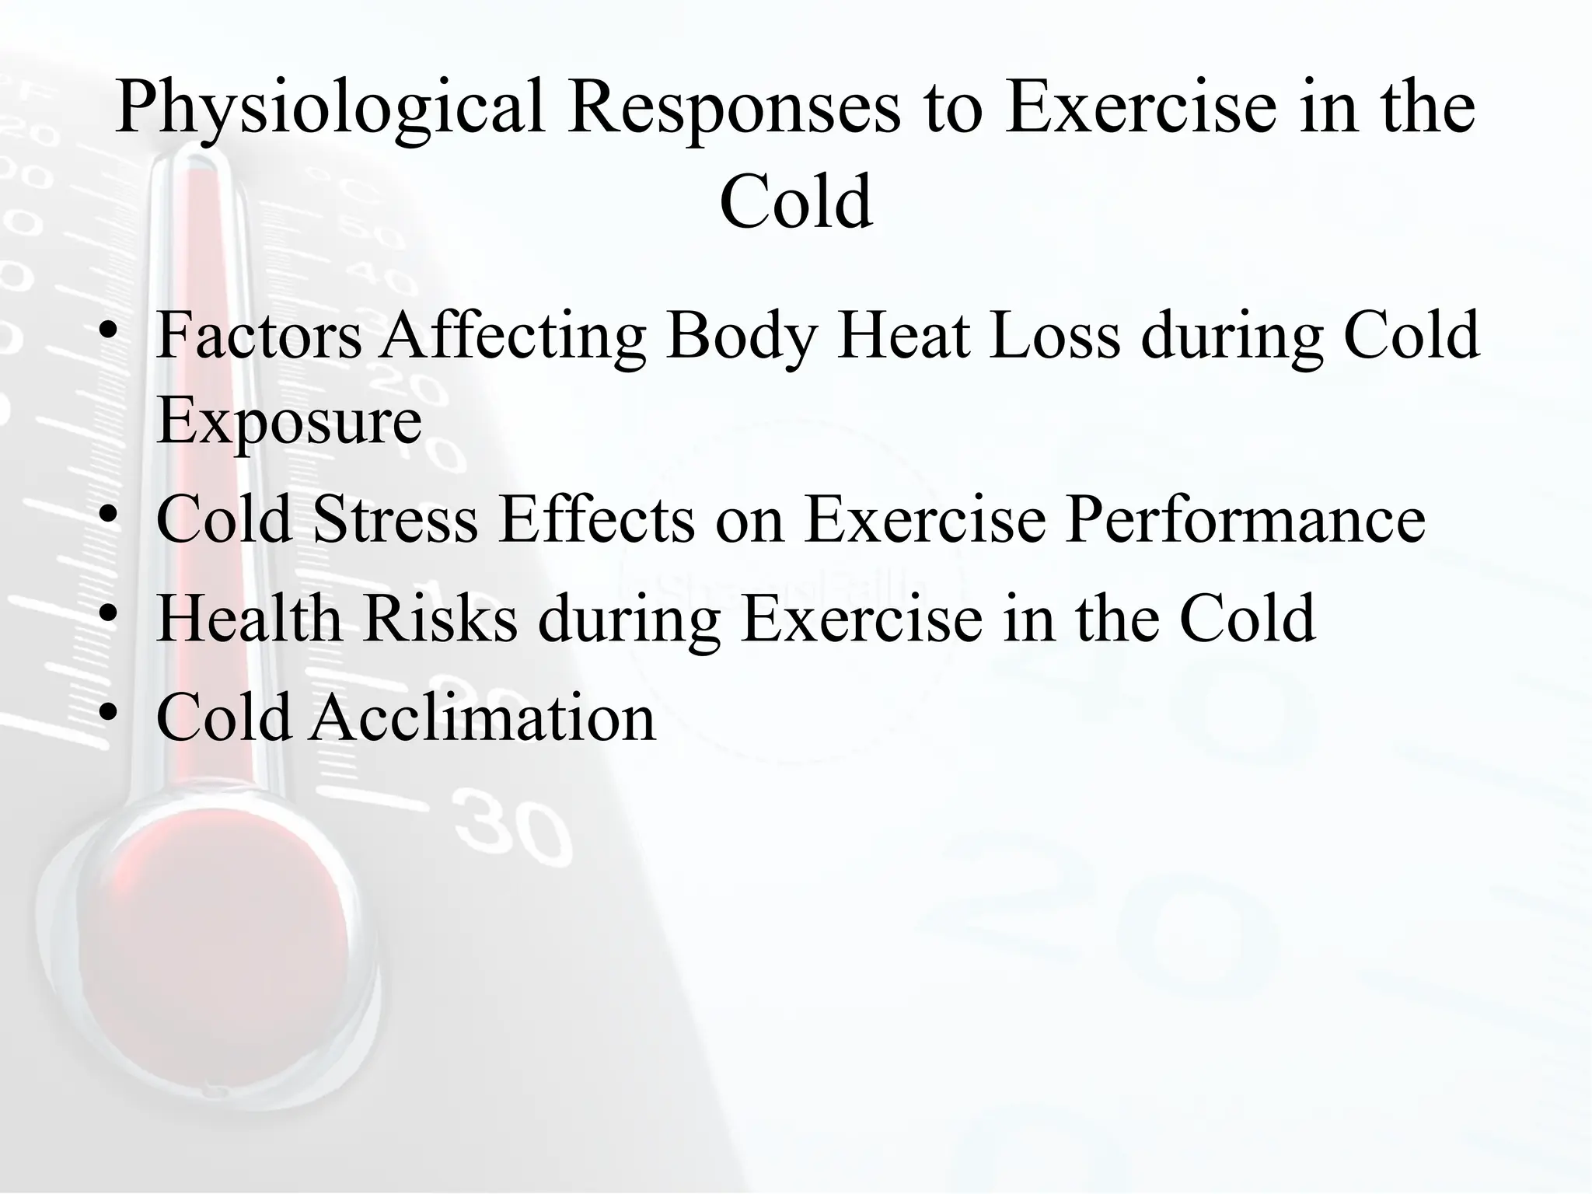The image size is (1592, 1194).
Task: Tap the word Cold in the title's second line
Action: [x=795, y=202]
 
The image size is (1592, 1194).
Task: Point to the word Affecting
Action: [x=512, y=337]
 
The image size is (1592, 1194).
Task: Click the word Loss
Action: [x=1054, y=337]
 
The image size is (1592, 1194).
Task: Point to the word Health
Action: [x=249, y=618]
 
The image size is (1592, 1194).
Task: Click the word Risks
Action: [x=439, y=618]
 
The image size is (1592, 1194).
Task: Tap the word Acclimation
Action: [x=483, y=717]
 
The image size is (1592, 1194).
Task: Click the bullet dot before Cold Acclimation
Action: [x=109, y=712]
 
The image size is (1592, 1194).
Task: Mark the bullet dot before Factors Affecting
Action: [x=109, y=331]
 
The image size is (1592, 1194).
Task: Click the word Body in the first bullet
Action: [x=739, y=337]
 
